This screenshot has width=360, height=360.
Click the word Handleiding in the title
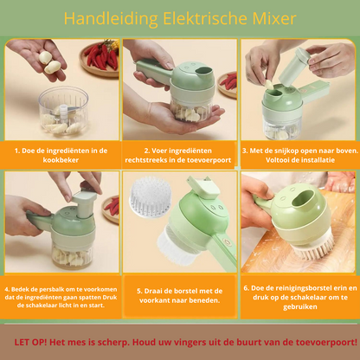pyautogui.click(x=111, y=19)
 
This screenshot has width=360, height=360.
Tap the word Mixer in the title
pyautogui.click(x=274, y=19)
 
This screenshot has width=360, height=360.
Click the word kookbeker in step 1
pyautogui.click(x=61, y=160)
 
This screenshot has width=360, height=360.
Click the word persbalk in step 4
pyautogui.click(x=41, y=289)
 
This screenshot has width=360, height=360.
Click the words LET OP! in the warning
pyautogui.click(x=30, y=343)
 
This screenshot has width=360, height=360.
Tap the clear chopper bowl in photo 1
pyautogui.click(x=63, y=111)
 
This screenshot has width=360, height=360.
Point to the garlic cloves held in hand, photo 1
pyautogui.click(x=49, y=62)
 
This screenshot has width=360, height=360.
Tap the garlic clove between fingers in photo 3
pyautogui.click(x=269, y=85)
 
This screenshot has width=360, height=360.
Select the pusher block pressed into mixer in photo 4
pyautogui.click(x=84, y=206)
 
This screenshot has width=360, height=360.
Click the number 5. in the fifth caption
pyautogui.click(x=140, y=292)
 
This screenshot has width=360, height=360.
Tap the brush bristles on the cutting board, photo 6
pyautogui.click(x=314, y=247)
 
